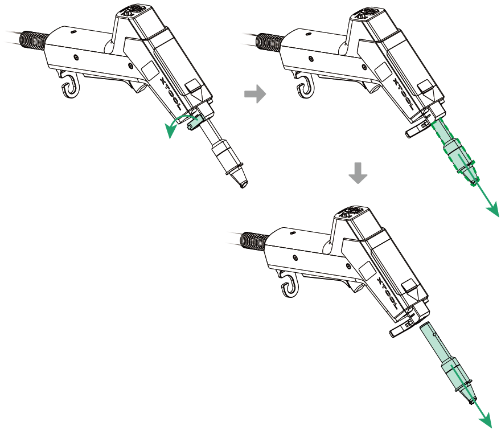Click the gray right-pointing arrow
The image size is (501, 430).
[255, 94]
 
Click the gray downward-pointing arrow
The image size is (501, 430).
[358, 173]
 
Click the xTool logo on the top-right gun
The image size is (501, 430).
[404, 95]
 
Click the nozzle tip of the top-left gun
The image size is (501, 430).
[244, 185]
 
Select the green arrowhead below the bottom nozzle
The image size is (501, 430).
[486, 420]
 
